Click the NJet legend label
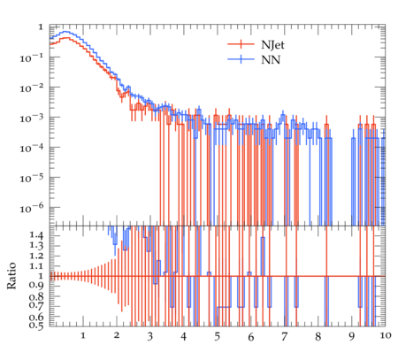[x=272, y=45]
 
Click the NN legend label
[x=271, y=60]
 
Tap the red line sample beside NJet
[x=241, y=44]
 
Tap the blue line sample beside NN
[x=241, y=59]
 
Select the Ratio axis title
[x=11, y=276]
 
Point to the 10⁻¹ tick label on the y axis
[x=32, y=57]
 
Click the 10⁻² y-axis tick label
[x=32, y=88]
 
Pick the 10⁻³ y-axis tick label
[x=32, y=118]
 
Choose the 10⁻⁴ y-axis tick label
[x=32, y=148]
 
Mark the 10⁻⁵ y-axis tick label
[x=32, y=178]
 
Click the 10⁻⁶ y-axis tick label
[x=32, y=208]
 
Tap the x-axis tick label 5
[x=218, y=336]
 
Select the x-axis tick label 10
[x=386, y=335]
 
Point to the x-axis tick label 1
[x=83, y=335]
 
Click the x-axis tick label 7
[x=284, y=336]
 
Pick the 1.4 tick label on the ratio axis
[x=36, y=235]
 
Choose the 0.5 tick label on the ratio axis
[x=36, y=326]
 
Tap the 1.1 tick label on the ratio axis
[x=36, y=266]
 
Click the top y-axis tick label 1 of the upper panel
[x=41, y=27]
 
